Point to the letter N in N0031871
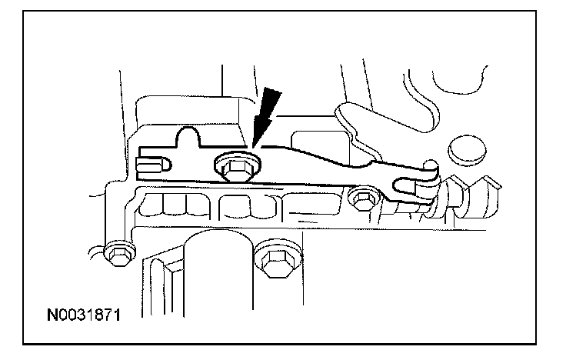(x=52, y=315)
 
